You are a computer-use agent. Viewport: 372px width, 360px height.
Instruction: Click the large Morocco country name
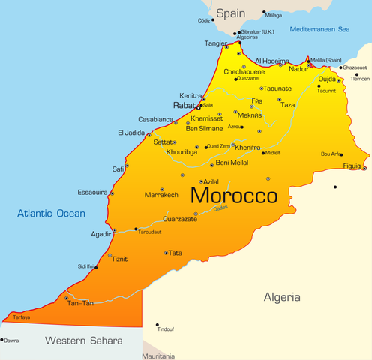coord(233,196)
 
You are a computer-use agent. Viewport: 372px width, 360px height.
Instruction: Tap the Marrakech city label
coord(161,195)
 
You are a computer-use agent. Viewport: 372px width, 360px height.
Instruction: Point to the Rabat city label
coord(184,106)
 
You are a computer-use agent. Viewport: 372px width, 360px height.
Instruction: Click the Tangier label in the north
coord(216,43)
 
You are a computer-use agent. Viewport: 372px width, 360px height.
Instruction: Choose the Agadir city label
coord(101,234)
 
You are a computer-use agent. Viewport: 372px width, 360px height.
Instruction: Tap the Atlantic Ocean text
coord(52,214)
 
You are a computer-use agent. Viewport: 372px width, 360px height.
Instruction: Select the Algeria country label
coord(282,298)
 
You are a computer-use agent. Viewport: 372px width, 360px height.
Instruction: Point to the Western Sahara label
coord(83,340)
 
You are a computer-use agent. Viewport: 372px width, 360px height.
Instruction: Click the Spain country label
coord(231,13)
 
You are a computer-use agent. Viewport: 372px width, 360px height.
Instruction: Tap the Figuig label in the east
coord(352,165)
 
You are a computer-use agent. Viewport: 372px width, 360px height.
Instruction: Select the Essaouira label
coord(92,191)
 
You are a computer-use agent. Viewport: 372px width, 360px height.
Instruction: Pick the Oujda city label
coord(328,79)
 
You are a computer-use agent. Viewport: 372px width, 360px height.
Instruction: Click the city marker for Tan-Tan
coord(67,298)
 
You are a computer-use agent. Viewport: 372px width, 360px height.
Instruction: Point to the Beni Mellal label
coord(232,163)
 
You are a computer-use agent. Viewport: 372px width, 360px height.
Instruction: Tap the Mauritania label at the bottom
coord(158,355)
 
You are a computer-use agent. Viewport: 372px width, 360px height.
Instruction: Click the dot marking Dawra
coord(2,340)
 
